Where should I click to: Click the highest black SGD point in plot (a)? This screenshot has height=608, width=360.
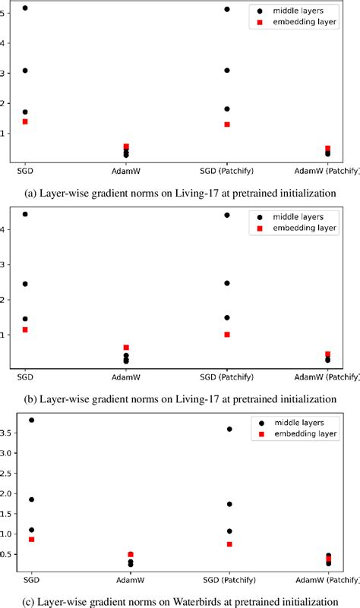click(25, 8)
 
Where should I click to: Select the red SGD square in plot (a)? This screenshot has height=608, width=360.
click(25, 121)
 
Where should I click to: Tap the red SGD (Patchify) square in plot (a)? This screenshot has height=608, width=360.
click(227, 124)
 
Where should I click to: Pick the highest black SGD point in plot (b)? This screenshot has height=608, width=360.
click(25, 215)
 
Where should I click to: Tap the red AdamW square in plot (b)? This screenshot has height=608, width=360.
click(126, 347)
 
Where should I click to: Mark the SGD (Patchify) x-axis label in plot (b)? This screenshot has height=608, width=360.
click(227, 377)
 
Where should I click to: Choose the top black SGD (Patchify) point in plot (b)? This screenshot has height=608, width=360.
click(227, 216)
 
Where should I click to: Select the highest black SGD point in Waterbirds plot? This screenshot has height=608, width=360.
click(31, 420)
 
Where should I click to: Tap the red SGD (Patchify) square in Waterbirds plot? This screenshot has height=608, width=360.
click(229, 544)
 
